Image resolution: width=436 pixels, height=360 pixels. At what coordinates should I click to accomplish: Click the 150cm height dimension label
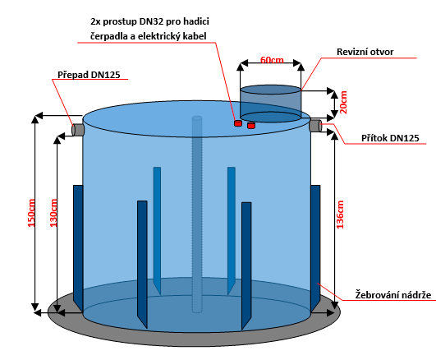31,213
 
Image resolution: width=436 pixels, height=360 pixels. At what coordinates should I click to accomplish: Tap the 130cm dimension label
53,213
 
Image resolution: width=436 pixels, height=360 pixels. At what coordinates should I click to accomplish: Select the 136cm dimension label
340,215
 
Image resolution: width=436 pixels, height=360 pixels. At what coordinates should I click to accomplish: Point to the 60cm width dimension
272,60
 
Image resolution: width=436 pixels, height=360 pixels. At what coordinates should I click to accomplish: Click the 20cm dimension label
344,102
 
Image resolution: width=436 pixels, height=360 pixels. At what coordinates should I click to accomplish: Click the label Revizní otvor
365,52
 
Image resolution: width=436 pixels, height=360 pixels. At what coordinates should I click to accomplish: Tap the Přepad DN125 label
89,75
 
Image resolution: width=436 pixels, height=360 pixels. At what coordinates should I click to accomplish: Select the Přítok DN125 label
390,138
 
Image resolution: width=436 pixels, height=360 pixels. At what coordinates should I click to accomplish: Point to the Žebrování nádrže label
393,295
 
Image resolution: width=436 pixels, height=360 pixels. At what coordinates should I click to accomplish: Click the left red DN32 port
238,123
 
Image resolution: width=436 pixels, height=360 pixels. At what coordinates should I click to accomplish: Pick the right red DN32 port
251,125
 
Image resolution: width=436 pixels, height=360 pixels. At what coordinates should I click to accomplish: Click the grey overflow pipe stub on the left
78,130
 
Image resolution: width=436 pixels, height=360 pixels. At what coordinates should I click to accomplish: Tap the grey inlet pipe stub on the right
315,125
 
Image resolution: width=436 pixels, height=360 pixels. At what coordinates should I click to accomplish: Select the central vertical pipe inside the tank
197,215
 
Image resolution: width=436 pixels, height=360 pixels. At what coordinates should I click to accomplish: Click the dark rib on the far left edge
78,248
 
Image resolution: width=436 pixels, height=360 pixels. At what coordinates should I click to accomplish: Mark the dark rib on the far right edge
315,248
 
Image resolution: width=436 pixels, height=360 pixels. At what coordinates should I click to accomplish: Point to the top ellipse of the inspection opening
270,90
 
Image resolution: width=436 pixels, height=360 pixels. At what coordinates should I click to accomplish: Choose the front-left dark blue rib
142,265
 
